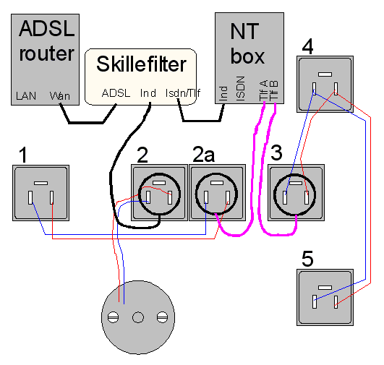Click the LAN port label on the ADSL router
pos(26,95)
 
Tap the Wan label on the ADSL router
pos(60,95)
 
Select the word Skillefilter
pos(141,64)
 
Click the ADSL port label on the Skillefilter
pos(116,93)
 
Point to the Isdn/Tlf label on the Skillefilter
pos(183,93)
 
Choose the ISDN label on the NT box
pos(241,88)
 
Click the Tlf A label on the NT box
pos(264,90)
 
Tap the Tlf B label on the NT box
pos(273,90)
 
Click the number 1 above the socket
pos(23,155)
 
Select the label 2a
pos(203,154)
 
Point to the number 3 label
pos(276,153)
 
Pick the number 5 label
pos(307,259)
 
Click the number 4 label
pos(307,46)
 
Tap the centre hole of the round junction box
pos(138,317)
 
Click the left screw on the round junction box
pos(113,317)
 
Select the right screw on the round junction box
pos(162,317)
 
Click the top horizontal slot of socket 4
pos(325,74)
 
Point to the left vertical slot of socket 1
pos(30,197)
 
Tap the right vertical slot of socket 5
pos(336,302)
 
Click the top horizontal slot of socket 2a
pos(217,183)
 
